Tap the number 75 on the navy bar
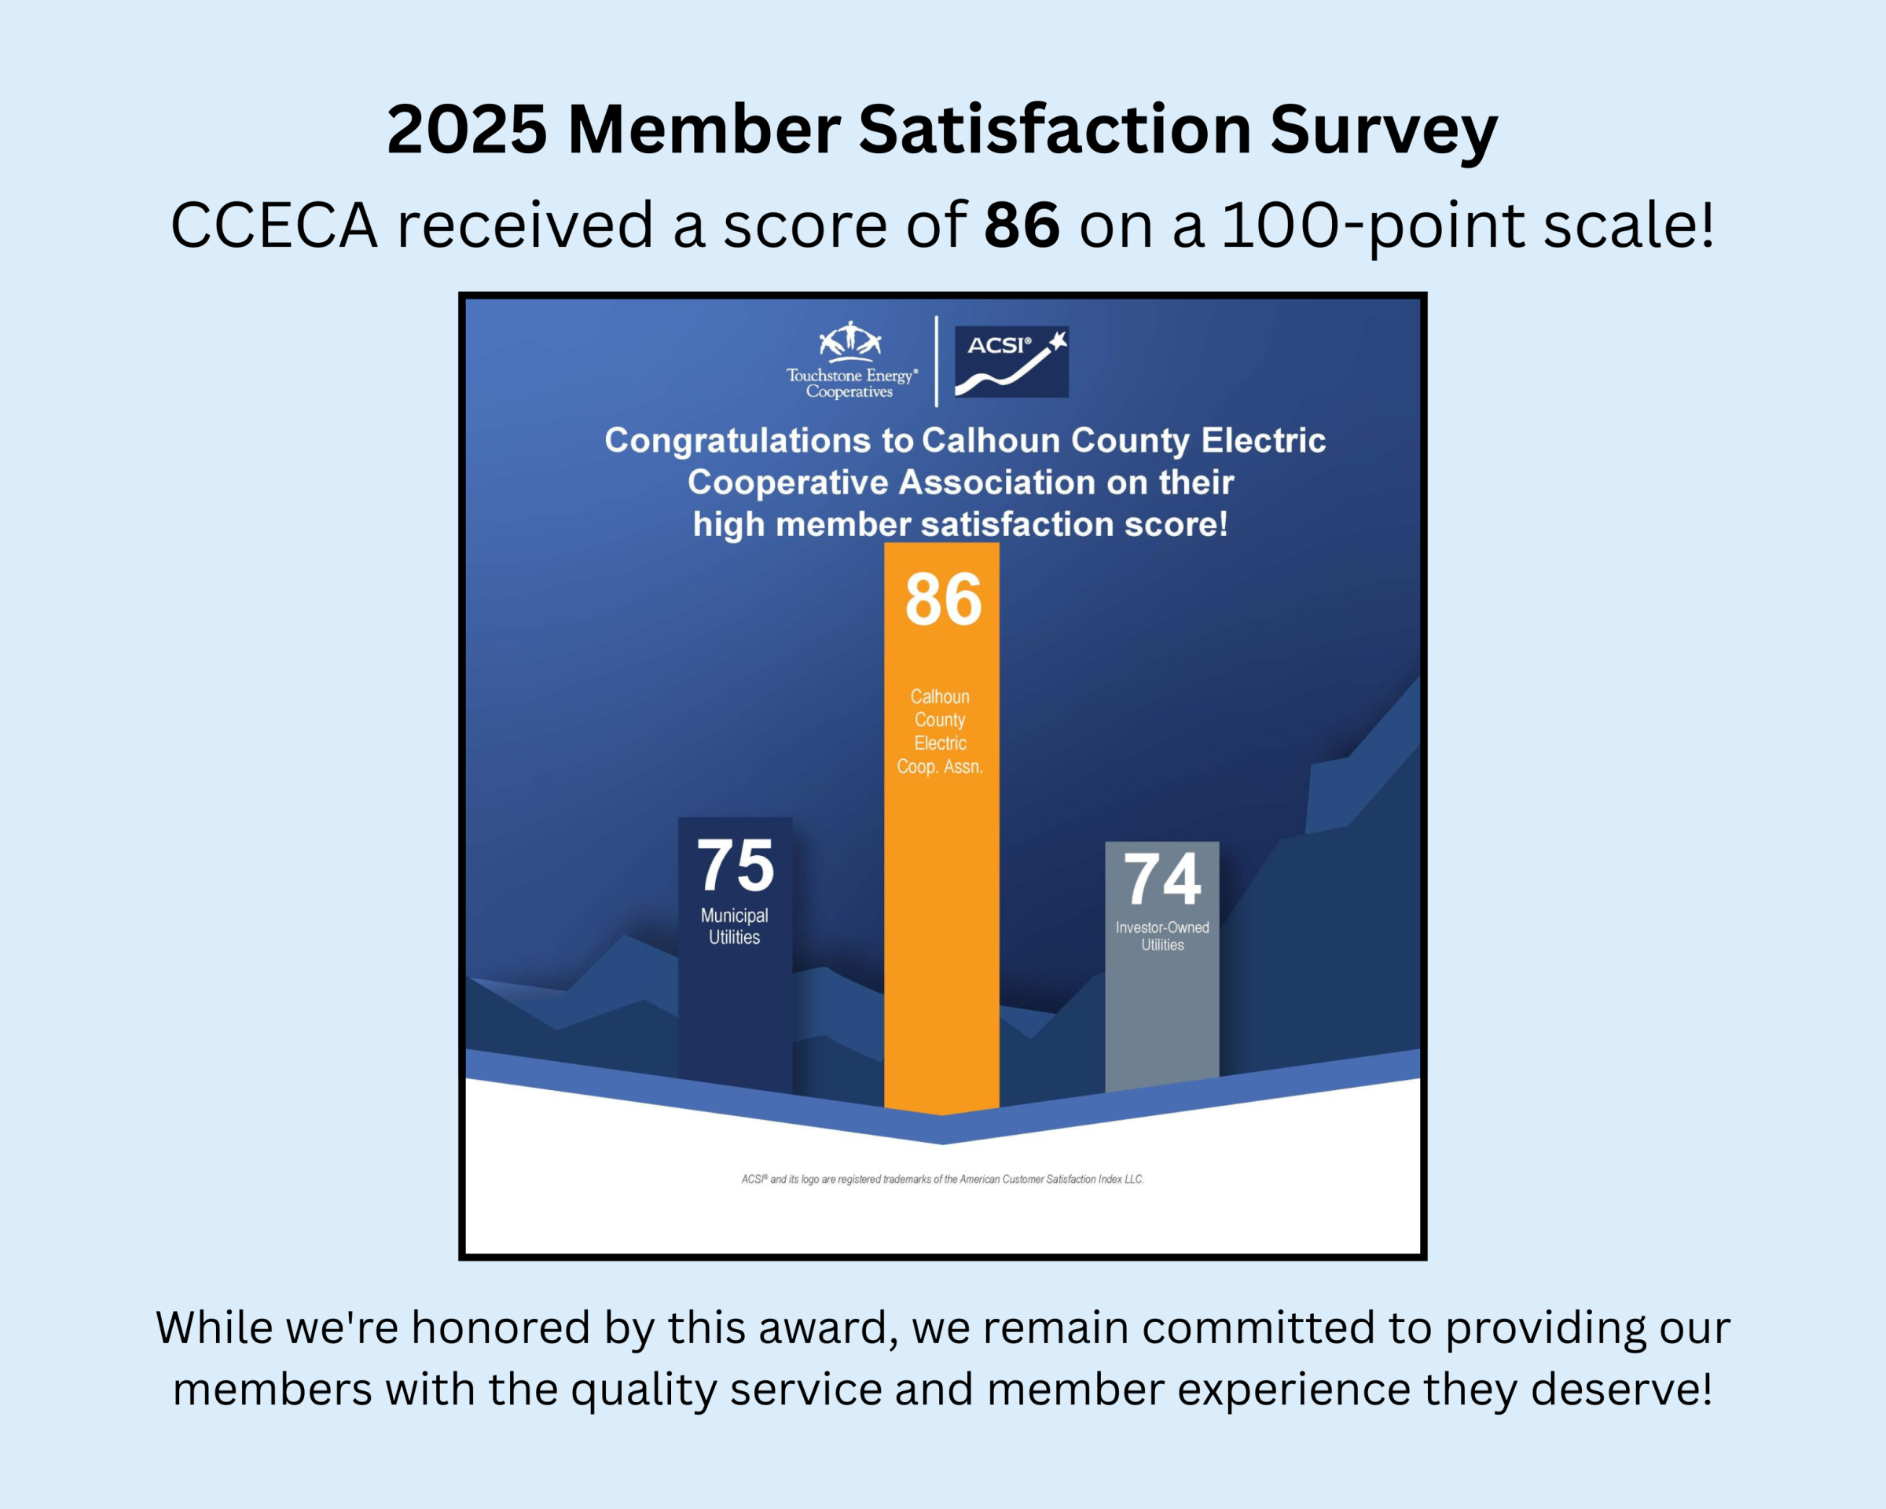pyautogui.click(x=735, y=865)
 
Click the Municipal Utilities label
pyautogui.click(x=734, y=926)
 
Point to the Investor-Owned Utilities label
pyautogui.click(x=1161, y=935)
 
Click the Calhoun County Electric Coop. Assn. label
pyautogui.click(x=941, y=732)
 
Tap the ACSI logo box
pyautogui.click(x=1011, y=362)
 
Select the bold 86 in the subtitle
pyautogui.click(x=1022, y=225)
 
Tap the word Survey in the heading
pyautogui.click(x=1384, y=130)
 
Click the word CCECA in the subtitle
pyautogui.click(x=273, y=225)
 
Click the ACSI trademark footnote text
pyautogui.click(x=942, y=1179)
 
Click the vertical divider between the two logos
pyautogui.click(x=937, y=362)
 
